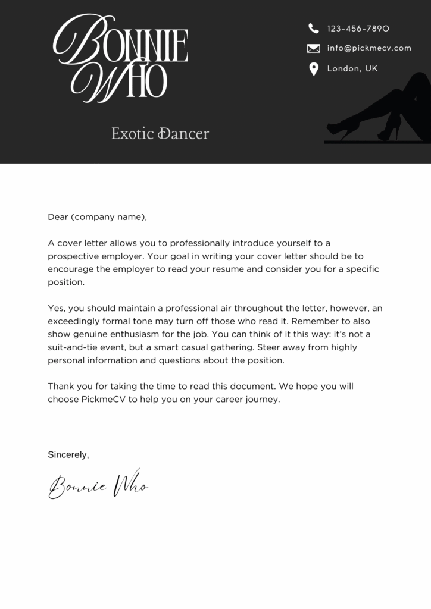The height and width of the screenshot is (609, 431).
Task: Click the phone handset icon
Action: coord(314,28)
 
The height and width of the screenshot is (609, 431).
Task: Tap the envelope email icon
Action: coord(314,48)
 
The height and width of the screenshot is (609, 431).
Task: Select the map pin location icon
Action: coord(314,70)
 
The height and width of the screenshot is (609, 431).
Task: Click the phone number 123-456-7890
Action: coord(358,29)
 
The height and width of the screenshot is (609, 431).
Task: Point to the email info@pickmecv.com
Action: coord(369,48)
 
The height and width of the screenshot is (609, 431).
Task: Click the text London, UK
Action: coord(352,69)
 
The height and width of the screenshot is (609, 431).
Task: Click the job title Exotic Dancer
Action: coord(160,134)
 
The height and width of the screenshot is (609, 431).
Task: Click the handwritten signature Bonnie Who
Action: coord(98,485)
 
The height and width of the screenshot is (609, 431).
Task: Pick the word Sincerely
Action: coord(68,455)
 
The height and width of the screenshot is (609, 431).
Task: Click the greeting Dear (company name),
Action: coord(97,217)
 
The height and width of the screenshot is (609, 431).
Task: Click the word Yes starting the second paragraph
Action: coord(57,308)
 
